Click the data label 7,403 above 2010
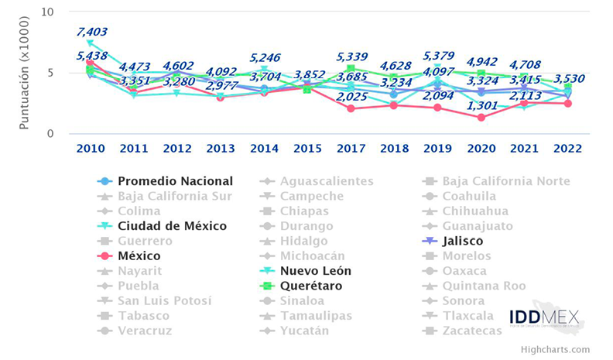pyautogui.click(x=91, y=32)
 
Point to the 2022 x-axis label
pyautogui.click(x=568, y=149)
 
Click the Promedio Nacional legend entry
pyautogui.click(x=175, y=181)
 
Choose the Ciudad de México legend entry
pyautogui.click(x=172, y=226)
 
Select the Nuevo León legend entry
pyautogui.click(x=316, y=271)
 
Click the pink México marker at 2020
pyautogui.click(x=481, y=118)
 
